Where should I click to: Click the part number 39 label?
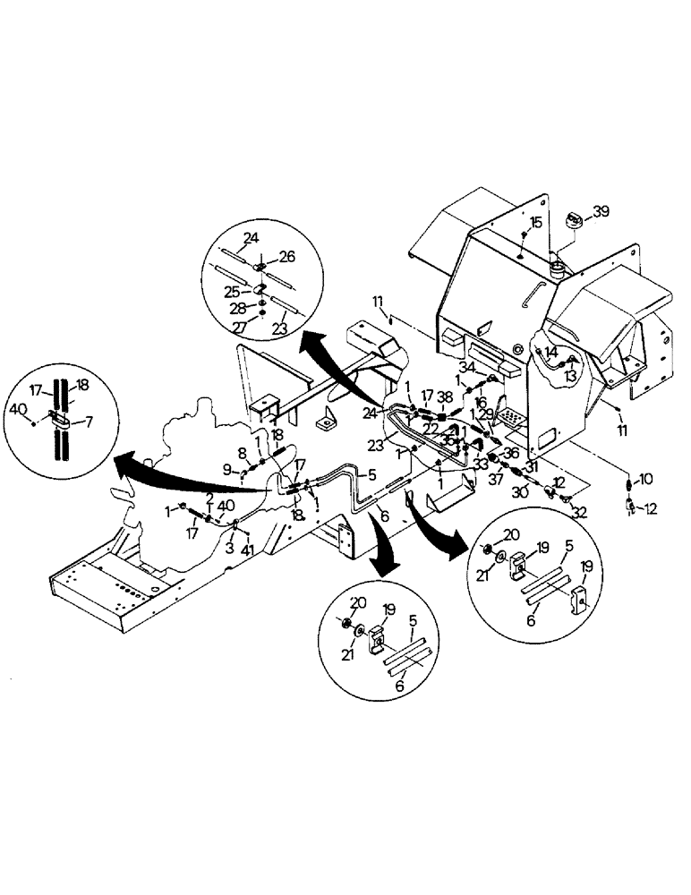[x=601, y=211]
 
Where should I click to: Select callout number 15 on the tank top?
[x=535, y=221]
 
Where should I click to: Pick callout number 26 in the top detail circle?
[x=286, y=256]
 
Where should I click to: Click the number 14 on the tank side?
[x=550, y=352]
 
